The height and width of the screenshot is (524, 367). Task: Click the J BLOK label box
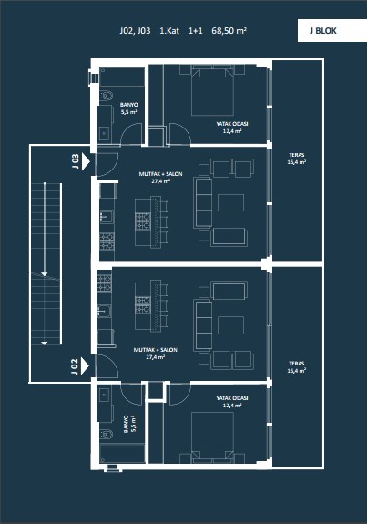(x=332, y=30)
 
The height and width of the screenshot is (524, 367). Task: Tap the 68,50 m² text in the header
(x=229, y=31)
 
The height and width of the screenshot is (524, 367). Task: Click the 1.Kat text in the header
(x=169, y=31)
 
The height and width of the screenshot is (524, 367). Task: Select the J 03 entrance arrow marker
(x=86, y=161)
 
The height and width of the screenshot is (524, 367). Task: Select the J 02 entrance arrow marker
(x=85, y=366)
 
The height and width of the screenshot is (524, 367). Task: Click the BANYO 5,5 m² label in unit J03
(x=128, y=108)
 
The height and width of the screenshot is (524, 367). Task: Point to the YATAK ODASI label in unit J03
(x=232, y=124)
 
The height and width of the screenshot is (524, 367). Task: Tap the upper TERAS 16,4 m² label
(x=297, y=159)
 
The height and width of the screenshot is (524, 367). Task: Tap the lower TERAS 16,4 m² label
(x=297, y=367)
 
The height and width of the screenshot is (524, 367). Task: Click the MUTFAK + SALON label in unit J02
(x=156, y=350)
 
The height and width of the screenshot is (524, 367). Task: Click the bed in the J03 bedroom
(x=212, y=90)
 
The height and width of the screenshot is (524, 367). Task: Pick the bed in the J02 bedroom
(x=212, y=437)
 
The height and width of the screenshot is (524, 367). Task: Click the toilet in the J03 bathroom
(x=107, y=96)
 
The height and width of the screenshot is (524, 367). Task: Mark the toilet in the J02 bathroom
(x=107, y=434)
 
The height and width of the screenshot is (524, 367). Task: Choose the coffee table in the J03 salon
(x=230, y=203)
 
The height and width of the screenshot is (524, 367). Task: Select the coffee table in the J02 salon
(x=230, y=325)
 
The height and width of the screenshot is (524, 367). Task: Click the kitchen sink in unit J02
(x=105, y=311)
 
